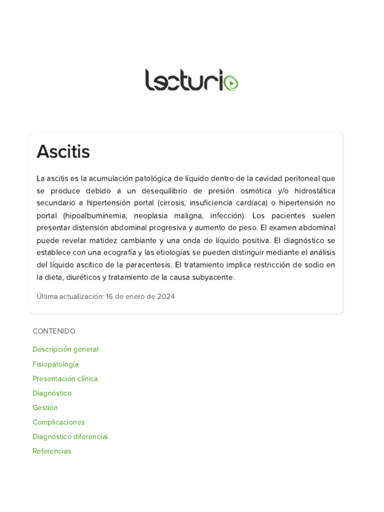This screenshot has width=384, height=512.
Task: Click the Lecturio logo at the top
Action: pyautogui.click(x=191, y=80)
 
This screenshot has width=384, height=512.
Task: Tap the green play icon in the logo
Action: pyautogui.click(x=231, y=82)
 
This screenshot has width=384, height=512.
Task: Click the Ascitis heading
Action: pyautogui.click(x=63, y=151)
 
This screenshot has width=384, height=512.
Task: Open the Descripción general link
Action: pyautogui.click(x=65, y=349)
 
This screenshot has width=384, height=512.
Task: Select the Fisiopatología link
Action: pyautogui.click(x=55, y=364)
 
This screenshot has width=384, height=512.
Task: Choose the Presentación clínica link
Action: pyautogui.click(x=65, y=378)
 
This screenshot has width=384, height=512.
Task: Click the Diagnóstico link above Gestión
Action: pyautogui.click(x=52, y=393)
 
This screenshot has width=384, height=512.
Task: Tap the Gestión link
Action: pyautogui.click(x=45, y=407)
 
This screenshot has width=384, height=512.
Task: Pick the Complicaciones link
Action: pyautogui.click(x=58, y=422)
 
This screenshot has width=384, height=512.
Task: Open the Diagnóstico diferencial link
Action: pyautogui.click(x=70, y=436)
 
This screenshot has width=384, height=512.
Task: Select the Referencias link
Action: pyautogui.click(x=52, y=451)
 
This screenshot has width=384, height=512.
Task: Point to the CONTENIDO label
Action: pyautogui.click(x=54, y=331)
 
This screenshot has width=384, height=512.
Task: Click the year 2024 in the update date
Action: pyautogui.click(x=166, y=296)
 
